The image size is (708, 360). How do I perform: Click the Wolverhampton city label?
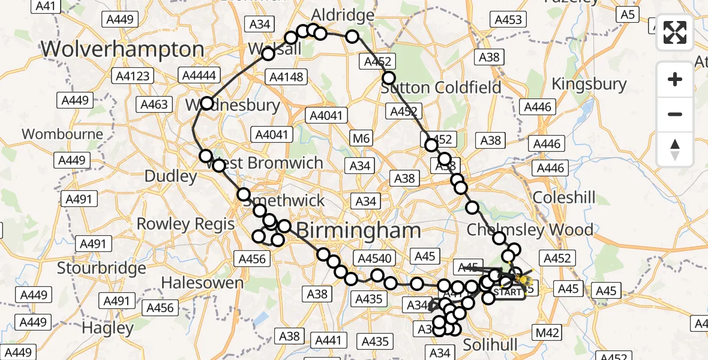tap(122, 49)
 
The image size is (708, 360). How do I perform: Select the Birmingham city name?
tap(358, 230)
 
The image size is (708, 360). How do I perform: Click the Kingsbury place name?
tap(589, 84)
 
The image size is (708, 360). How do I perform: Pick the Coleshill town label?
tap(564, 197)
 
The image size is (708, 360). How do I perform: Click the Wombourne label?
tap(63, 134)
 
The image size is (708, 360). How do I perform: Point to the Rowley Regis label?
tap(186, 224)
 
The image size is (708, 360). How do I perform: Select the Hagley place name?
tap(108, 328)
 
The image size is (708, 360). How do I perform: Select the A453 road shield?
tap(508, 20)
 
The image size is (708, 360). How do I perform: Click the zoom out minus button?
tap(675, 115)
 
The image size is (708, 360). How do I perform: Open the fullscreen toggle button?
tap(675, 32)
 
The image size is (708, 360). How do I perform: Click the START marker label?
tap(508, 293)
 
